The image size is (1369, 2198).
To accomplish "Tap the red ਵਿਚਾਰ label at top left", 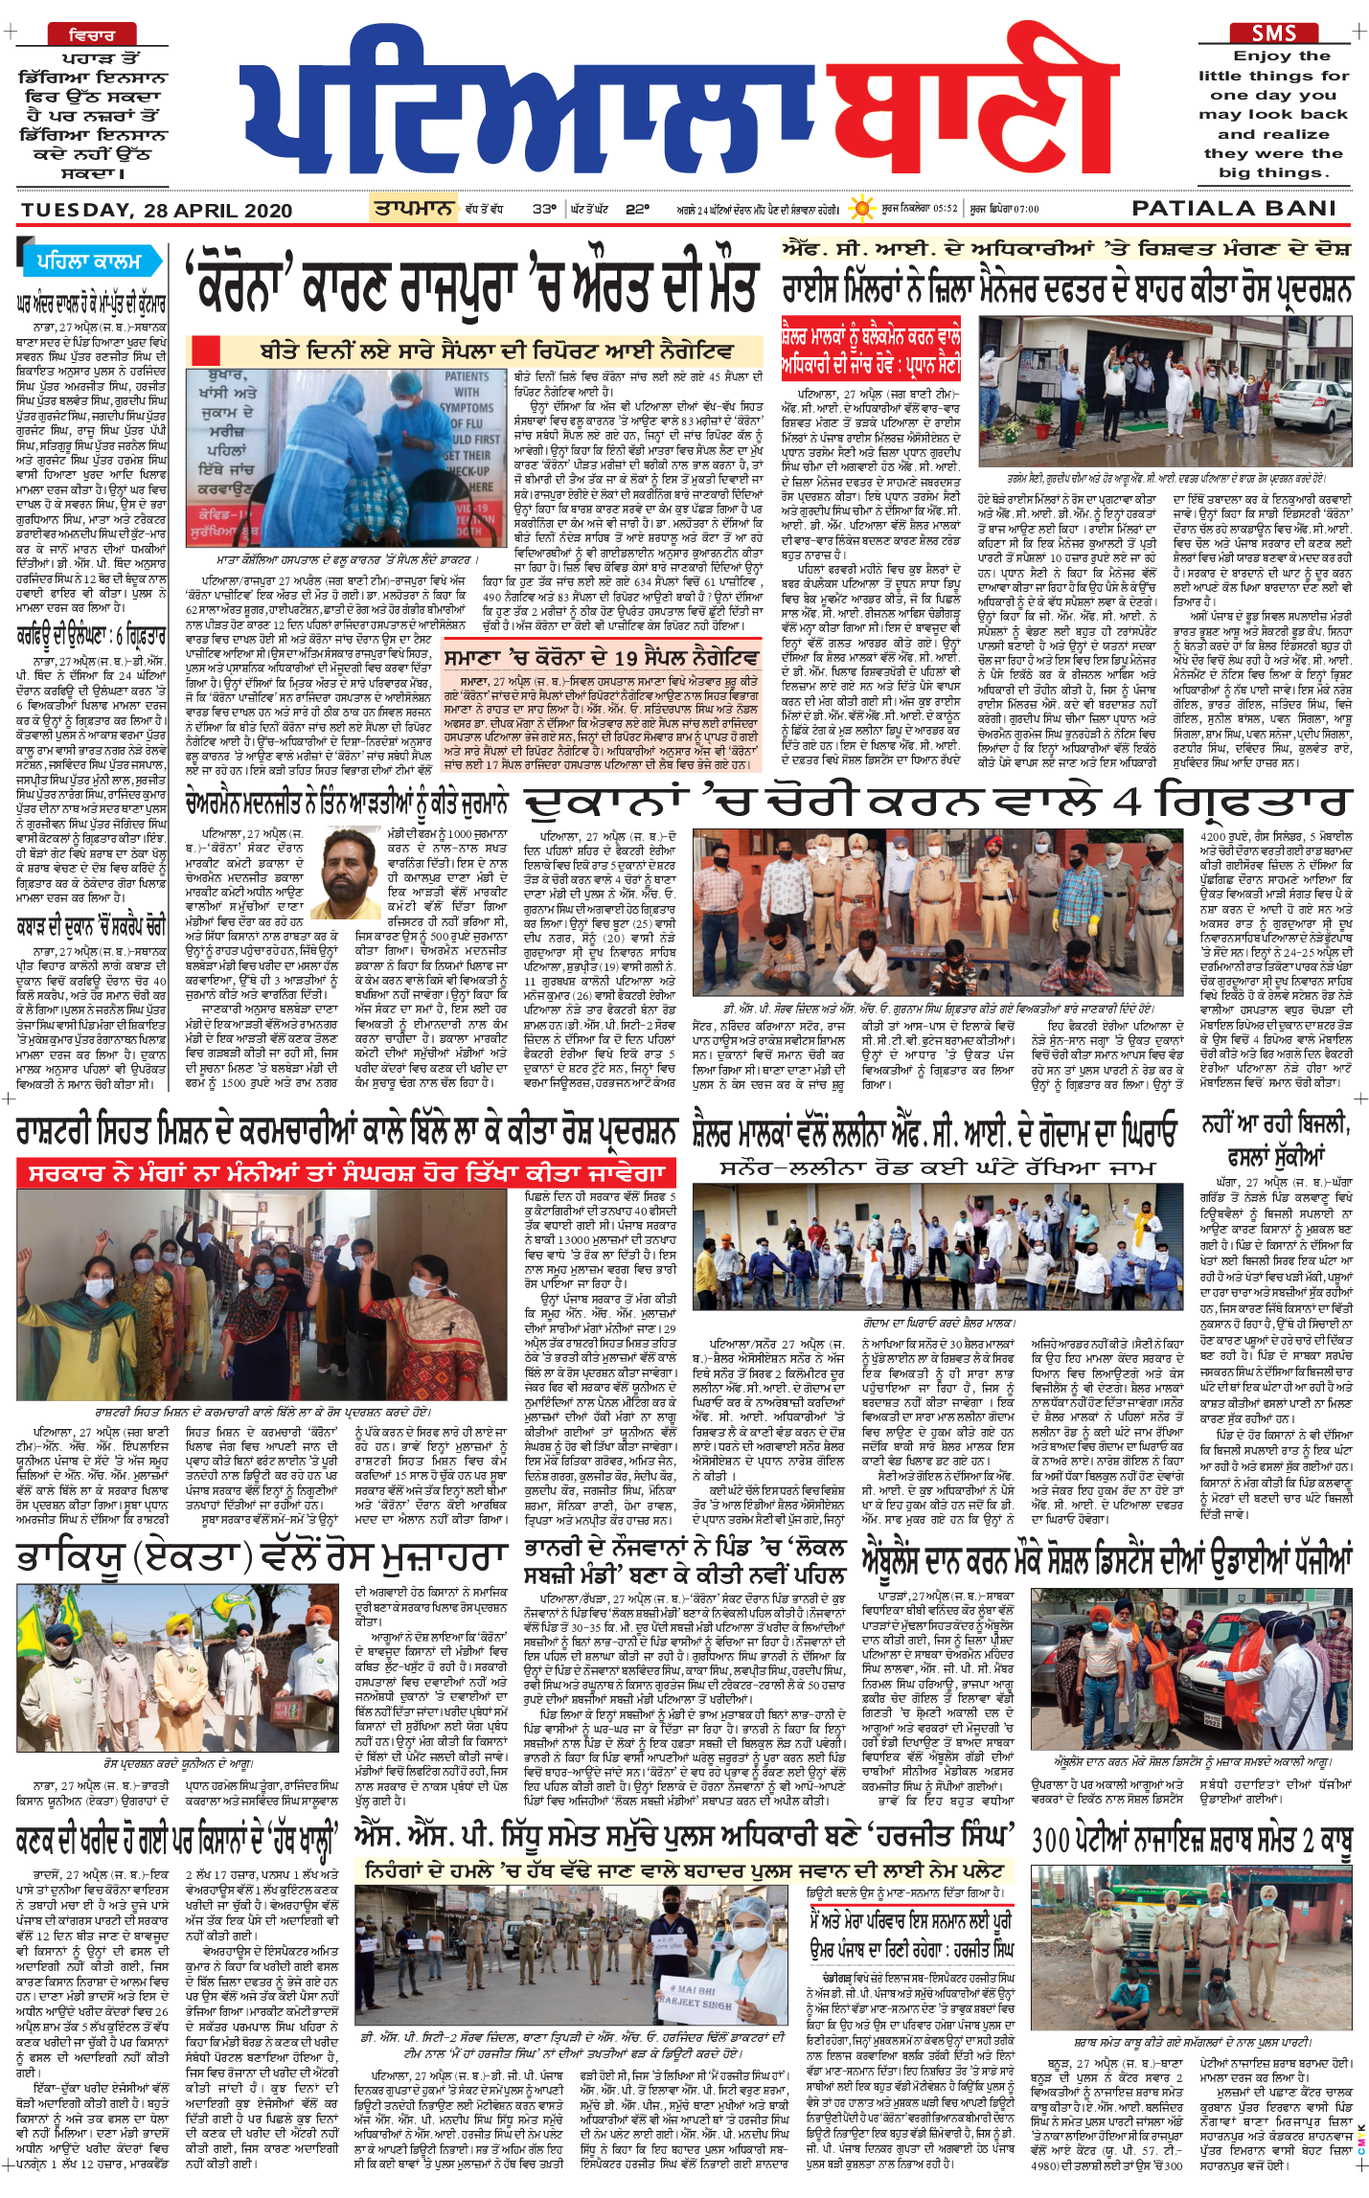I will [92, 35].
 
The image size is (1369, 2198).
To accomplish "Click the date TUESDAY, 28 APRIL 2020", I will [157, 211].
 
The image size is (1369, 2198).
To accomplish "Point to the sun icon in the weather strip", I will [862, 208].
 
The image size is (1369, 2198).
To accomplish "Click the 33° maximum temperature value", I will [544, 208].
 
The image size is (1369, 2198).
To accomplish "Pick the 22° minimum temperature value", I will [637, 208].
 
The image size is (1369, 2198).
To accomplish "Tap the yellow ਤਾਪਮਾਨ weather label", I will [413, 207].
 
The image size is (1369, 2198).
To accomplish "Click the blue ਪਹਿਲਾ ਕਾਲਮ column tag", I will [88, 261].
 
